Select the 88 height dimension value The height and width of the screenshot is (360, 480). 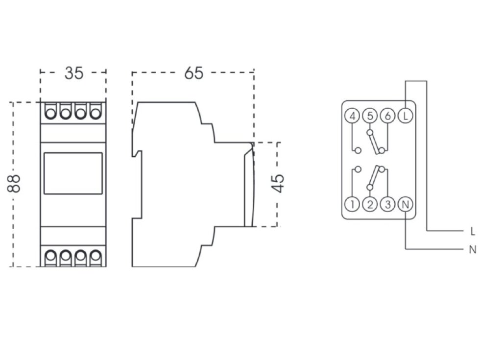16,184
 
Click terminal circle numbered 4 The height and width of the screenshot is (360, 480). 352,117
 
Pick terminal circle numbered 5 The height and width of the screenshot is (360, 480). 370,117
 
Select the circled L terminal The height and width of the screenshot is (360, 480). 405,117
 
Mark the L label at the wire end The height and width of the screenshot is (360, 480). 472,231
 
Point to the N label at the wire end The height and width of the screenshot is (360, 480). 472,250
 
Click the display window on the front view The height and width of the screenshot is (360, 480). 73,173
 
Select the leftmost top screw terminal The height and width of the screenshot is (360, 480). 50,113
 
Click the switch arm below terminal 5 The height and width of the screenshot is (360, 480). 375,142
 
